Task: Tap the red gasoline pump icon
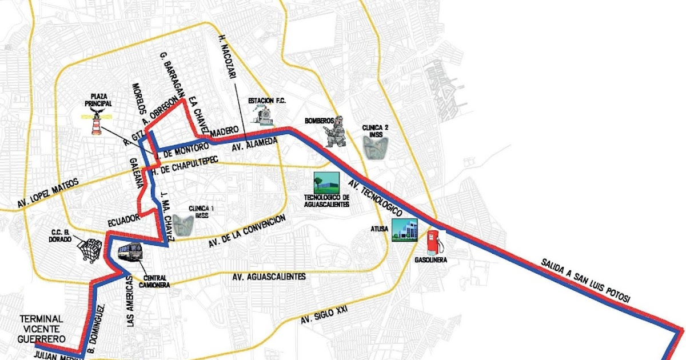[x=434, y=242]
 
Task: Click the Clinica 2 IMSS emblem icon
[x=376, y=148]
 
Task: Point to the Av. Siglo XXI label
[x=324, y=314]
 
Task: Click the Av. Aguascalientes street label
[x=269, y=277]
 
